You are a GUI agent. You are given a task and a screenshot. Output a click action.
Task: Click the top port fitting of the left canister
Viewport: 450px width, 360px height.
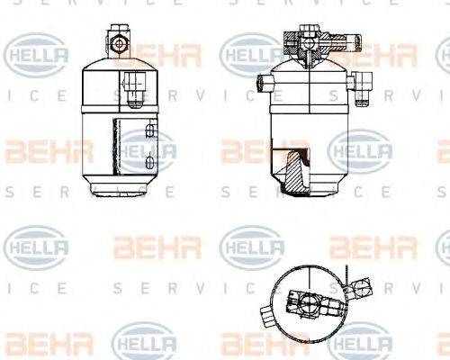(x=116, y=40)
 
